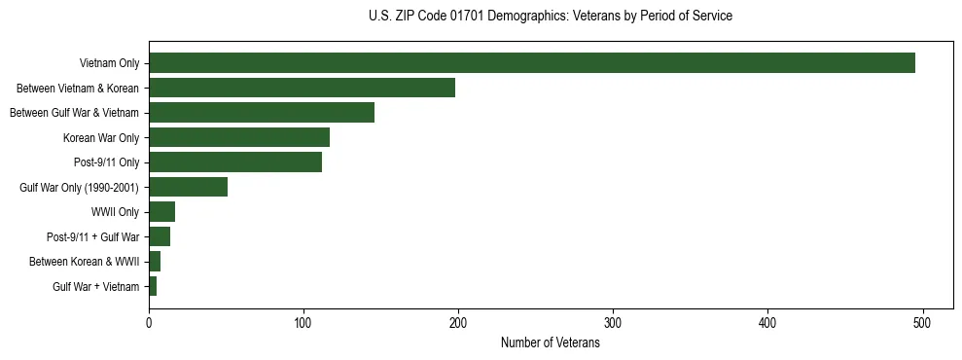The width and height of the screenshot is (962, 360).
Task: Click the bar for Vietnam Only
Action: click(532, 63)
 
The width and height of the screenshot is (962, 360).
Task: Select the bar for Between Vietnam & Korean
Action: click(302, 88)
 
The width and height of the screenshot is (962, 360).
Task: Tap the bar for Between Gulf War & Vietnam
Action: click(262, 113)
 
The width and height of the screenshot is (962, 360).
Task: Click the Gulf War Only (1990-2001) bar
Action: click(188, 187)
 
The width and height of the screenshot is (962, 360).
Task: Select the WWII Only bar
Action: click(161, 212)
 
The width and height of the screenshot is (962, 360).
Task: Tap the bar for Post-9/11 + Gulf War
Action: click(160, 236)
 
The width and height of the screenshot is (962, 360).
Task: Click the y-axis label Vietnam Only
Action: click(109, 64)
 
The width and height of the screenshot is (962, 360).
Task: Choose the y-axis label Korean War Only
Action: click(101, 138)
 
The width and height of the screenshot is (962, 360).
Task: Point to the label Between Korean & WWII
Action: click(85, 262)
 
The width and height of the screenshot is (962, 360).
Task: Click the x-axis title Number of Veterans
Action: click(550, 343)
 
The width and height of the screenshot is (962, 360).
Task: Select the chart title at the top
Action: click(551, 17)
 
